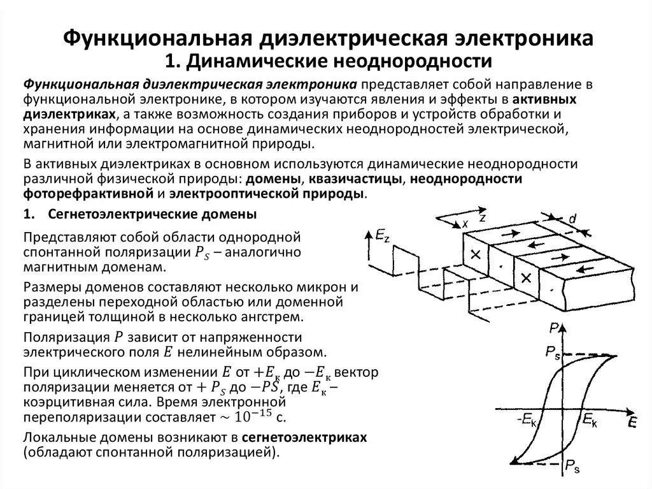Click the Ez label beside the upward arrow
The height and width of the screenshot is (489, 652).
pos(382,237)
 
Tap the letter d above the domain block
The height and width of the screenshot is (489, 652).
pos(572,219)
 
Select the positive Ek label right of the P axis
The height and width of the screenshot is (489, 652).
pos(590,420)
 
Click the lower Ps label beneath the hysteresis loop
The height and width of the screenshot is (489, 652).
pos(572,464)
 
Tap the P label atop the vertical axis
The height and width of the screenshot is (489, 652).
pos(555,328)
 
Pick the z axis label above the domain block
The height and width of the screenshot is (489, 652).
pos(483,217)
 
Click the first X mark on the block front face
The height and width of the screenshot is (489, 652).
pos(474,254)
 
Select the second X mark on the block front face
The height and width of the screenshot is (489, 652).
pos(526,278)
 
